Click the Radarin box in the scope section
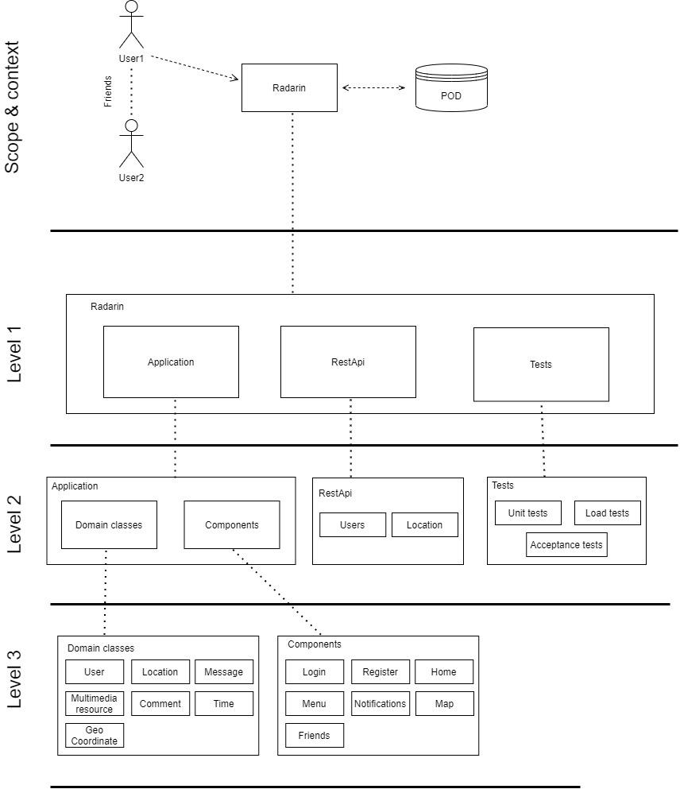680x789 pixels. [x=292, y=88]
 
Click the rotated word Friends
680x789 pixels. [x=109, y=92]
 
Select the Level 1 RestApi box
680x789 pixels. [x=348, y=362]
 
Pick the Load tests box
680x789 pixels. [x=607, y=512]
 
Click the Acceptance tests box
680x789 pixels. [x=566, y=545]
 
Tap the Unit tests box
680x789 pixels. [x=527, y=512]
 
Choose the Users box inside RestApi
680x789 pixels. [x=353, y=524]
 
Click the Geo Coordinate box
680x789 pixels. [x=95, y=735]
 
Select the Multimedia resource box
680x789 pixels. [x=95, y=703]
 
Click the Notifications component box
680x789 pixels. [x=380, y=703]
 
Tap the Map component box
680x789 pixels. [x=444, y=703]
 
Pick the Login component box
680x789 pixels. [x=315, y=671]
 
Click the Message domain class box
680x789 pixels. [x=224, y=671]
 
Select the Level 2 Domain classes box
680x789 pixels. [x=109, y=524]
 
